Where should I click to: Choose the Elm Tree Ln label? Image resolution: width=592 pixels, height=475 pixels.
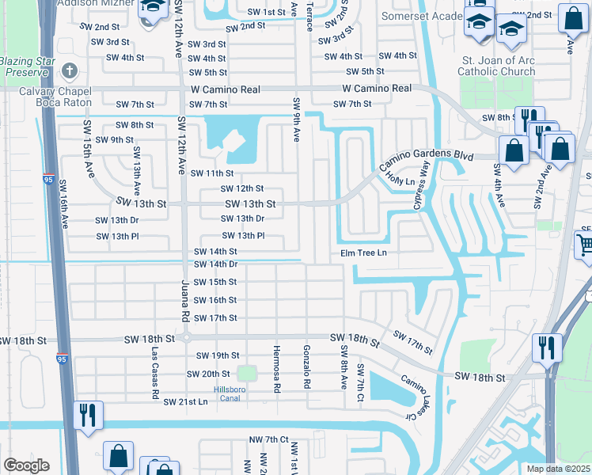(363, 253)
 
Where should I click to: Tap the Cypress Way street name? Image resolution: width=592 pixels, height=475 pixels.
(421, 185)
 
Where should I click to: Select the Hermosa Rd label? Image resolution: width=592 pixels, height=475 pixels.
(277, 370)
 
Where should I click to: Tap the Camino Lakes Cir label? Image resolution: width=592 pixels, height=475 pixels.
(416, 397)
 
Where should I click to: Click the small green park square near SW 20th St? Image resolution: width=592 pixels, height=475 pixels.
(248, 373)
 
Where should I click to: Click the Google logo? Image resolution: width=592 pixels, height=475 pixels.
(26, 465)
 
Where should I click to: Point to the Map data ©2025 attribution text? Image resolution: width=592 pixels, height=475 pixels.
(558, 469)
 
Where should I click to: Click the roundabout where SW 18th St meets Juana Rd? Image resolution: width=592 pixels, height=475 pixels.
(186, 338)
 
